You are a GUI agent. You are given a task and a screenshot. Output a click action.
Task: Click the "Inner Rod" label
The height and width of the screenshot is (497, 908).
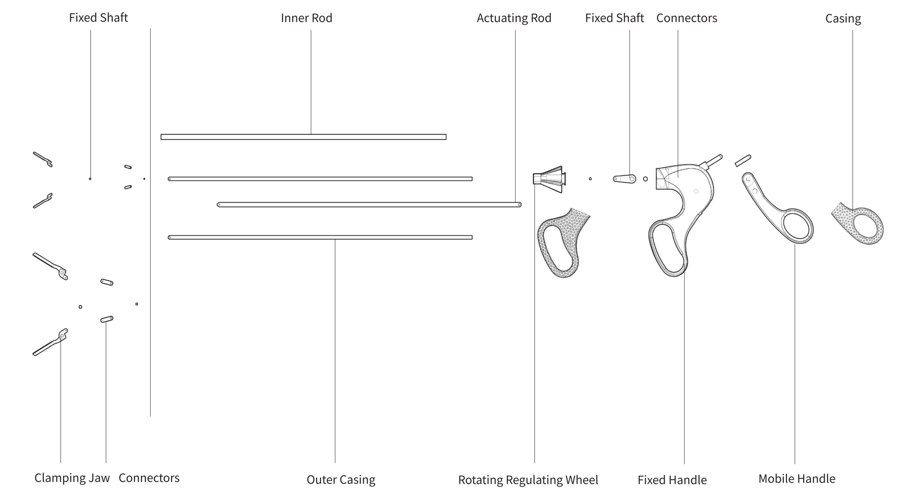[306, 18]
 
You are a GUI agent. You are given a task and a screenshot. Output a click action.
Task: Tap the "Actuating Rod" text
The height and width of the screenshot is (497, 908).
[514, 18]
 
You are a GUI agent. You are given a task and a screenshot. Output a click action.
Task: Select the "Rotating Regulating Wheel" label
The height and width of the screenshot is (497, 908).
[528, 480]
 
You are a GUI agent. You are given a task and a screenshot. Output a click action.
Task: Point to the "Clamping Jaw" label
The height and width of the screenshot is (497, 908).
[72, 478]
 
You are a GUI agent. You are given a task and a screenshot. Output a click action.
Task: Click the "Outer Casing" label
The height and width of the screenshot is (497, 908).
[340, 480]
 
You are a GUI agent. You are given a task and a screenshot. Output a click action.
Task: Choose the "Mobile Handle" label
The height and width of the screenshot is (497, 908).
[797, 479]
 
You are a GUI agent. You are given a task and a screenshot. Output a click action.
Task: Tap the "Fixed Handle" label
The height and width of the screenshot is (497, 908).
[672, 480]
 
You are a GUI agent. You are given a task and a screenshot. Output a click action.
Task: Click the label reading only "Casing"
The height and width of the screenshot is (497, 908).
[843, 18]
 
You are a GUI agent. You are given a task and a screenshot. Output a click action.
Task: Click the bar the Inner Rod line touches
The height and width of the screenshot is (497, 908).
[303, 137]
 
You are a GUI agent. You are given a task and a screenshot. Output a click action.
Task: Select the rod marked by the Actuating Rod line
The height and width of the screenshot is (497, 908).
[369, 204]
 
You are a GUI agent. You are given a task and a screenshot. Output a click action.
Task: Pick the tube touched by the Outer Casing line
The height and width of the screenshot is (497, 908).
[320, 237]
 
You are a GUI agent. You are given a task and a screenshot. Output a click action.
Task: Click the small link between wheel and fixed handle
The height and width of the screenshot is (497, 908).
[625, 179]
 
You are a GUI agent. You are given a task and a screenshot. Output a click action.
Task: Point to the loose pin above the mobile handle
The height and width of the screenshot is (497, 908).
[743, 160]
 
